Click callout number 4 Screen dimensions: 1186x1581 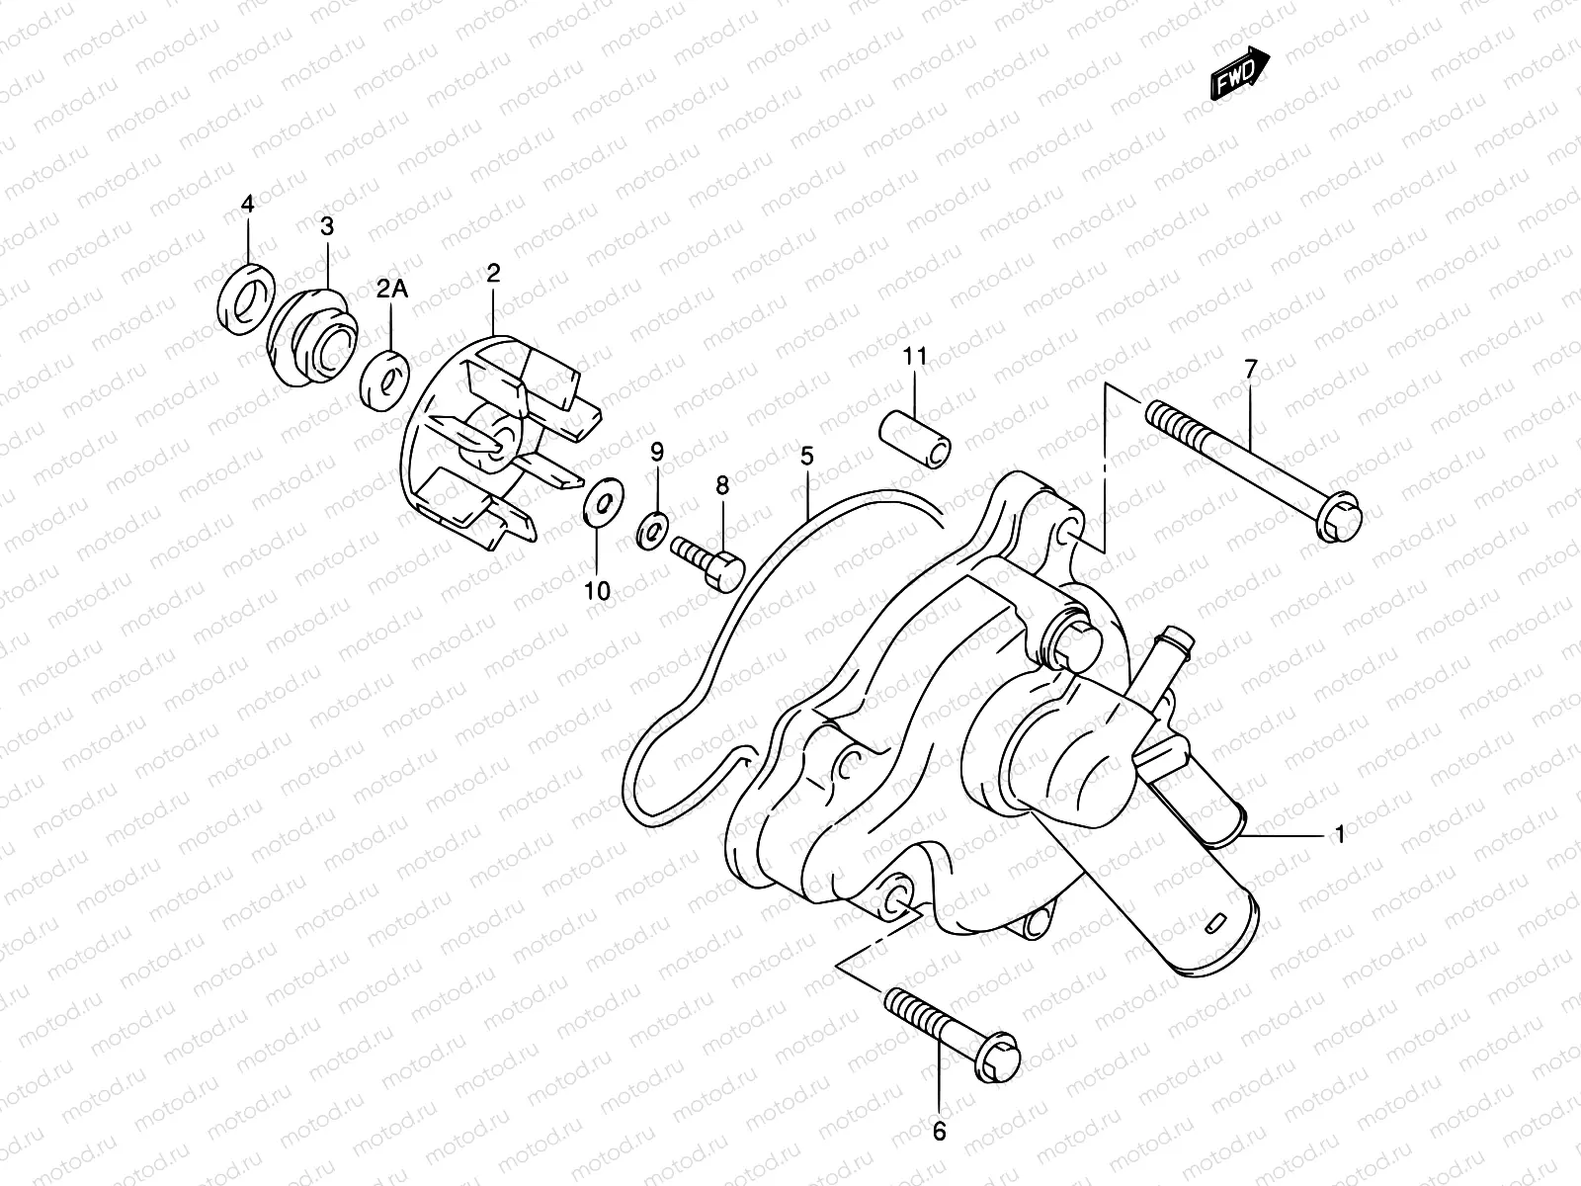pyautogui.click(x=248, y=205)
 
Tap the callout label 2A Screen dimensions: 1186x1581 pyautogui.click(x=390, y=289)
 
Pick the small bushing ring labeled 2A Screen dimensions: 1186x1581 pyautogui.click(x=385, y=379)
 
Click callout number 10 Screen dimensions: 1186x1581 pyautogui.click(x=597, y=591)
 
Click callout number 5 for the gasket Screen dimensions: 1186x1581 pyautogui.click(x=806, y=456)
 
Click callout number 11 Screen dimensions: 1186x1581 pyautogui.click(x=914, y=356)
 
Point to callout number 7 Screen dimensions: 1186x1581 pyautogui.click(x=1250, y=370)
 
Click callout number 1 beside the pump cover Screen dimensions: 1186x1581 pyautogui.click(x=1339, y=836)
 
